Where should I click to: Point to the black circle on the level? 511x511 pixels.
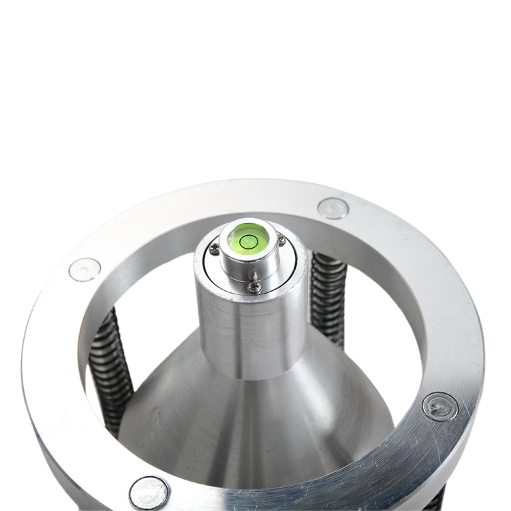(248, 239)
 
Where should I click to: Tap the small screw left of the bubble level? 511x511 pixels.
(214, 249)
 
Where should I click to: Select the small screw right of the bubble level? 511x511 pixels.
(281, 239)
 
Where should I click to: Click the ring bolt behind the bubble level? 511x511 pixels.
(333, 208)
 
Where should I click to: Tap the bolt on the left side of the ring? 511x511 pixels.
(84, 270)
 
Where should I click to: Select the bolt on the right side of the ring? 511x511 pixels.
(439, 407)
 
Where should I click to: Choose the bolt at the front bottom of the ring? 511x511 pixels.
(149, 492)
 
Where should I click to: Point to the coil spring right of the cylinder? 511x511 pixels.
(328, 296)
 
